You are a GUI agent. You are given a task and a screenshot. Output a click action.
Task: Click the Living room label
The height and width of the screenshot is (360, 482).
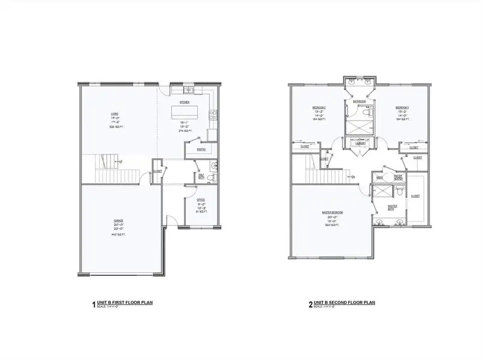[114, 113]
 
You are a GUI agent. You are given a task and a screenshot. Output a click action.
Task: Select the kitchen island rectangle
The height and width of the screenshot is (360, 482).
[185, 112]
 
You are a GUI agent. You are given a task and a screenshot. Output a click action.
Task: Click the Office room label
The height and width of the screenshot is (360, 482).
[201, 200]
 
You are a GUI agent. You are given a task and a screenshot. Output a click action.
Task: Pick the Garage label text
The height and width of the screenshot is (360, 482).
[119, 220]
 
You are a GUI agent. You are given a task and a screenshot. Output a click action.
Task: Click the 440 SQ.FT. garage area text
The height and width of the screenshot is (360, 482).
[119, 235]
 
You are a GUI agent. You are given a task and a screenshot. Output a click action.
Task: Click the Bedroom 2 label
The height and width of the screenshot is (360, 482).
[318, 107]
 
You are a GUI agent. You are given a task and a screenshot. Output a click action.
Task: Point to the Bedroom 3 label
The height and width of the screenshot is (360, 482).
[401, 107]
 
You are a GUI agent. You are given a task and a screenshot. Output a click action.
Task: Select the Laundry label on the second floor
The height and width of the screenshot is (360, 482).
[361, 144]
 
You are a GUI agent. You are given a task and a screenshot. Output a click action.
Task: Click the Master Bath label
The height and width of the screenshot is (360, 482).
[393, 206]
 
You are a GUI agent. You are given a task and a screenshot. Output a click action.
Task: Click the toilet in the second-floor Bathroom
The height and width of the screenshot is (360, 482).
[370, 112]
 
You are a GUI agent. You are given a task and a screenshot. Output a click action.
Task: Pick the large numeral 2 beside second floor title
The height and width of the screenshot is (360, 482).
[310, 305]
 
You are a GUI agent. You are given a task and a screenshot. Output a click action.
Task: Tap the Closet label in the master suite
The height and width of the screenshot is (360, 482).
[415, 196]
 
